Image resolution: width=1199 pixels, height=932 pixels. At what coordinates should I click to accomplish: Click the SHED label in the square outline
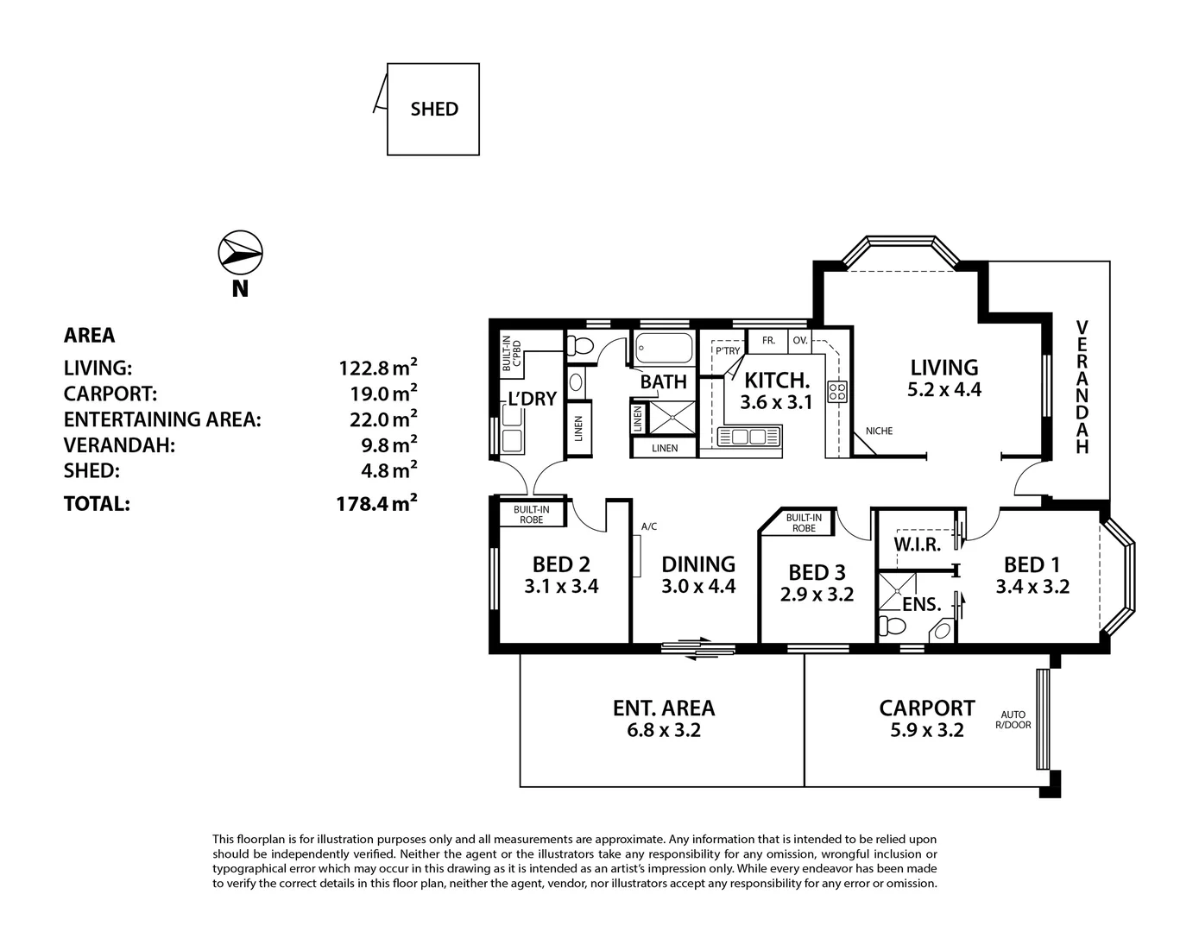434,110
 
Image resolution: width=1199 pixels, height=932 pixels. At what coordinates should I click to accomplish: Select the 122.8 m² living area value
378,368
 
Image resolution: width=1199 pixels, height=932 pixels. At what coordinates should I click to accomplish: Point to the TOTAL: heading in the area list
97,504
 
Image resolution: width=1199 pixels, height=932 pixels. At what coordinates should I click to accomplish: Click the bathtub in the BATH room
664,349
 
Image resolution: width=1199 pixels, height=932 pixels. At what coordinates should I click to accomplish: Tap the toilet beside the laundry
580,346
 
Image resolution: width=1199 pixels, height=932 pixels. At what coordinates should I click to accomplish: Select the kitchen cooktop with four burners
837,393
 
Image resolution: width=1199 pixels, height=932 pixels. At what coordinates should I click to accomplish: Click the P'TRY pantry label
728,350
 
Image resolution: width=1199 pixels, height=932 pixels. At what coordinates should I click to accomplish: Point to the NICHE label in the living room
879,431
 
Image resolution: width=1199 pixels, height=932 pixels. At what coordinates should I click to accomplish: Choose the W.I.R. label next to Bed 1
917,544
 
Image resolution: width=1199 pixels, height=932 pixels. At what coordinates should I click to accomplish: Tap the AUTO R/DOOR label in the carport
1013,720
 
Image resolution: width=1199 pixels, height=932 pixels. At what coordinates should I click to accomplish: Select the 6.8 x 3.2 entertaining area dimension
663,731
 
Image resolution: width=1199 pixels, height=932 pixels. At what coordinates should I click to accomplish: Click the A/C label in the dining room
649,526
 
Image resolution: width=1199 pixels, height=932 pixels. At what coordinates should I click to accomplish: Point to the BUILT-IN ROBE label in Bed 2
531,515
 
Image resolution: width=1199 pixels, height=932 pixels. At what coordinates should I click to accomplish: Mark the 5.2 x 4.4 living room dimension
944,390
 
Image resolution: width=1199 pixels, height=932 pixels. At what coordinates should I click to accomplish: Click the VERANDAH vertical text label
1082,387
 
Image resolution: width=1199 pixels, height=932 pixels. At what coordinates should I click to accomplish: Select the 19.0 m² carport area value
378,394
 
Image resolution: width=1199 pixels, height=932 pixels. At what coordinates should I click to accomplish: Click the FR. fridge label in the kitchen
768,340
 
